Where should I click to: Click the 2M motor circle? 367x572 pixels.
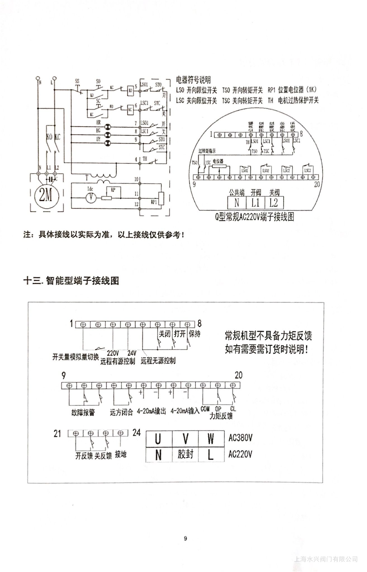coord(46,195)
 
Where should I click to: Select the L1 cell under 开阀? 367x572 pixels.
coord(255,202)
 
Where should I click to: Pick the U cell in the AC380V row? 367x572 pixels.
coord(158,439)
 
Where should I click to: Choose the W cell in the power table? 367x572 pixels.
coord(211,439)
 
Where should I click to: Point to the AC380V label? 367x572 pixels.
coord(240,438)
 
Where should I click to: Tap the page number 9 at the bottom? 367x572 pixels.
coord(185,539)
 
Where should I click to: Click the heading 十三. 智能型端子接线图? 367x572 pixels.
coord(71,281)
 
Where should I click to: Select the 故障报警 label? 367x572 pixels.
coord(83,413)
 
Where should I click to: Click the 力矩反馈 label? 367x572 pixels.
coord(221,416)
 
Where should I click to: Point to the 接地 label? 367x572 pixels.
coord(120,454)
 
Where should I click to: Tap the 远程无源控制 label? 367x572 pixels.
coord(158,361)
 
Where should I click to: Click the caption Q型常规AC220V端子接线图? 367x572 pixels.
coord(254,217)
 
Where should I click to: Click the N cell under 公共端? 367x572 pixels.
coord(236,202)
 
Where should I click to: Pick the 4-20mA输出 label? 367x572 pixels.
coord(151,411)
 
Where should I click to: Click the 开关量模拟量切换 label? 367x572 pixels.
coord(75,357)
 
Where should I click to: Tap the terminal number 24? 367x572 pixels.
coord(136,433)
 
